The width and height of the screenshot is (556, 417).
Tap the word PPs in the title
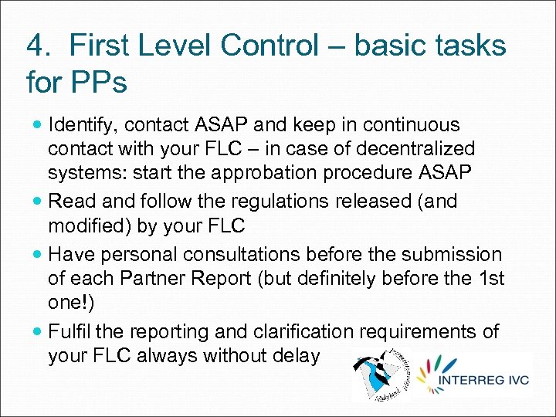tap(98, 81)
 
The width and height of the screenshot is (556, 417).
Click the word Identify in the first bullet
tap(80, 125)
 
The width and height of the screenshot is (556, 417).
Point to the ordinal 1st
tap(487, 278)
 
